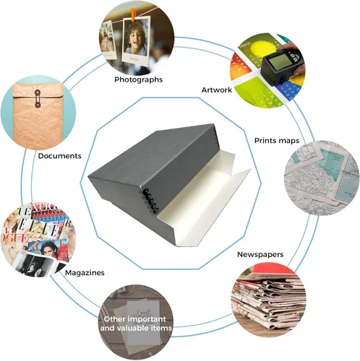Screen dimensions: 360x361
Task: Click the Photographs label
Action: point(138,79)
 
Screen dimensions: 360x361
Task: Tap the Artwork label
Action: point(217,90)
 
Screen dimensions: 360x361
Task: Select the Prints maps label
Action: point(277,141)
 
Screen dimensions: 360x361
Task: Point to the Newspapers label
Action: point(260,254)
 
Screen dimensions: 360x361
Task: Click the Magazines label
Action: point(85,273)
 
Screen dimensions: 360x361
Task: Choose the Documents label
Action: point(60,156)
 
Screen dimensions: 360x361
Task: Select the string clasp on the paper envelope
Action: point(38,98)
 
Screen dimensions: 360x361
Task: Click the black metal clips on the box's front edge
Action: point(150,201)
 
